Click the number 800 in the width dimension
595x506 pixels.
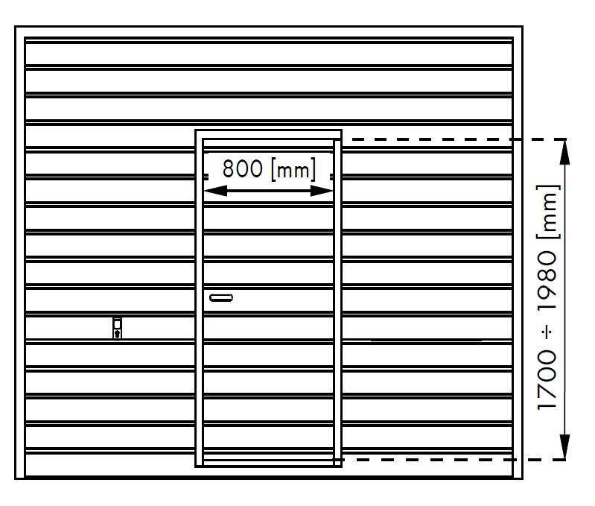tap(242, 169)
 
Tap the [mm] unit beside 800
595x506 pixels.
tap(293, 170)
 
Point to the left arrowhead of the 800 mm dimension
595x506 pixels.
tap(215, 191)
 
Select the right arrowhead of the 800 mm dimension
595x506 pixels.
tap(322, 191)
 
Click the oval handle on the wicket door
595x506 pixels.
tap(221, 298)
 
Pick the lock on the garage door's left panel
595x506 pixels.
tap(118, 329)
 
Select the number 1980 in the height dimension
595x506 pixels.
tap(547, 281)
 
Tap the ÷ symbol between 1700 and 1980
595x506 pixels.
tap(548, 332)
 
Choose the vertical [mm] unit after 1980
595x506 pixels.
tap(548, 212)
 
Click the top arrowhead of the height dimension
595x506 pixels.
tap(565, 152)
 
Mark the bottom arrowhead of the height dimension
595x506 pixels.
tap(565, 447)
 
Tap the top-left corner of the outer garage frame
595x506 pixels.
tap(15, 27)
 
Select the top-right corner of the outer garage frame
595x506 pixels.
tap(523, 27)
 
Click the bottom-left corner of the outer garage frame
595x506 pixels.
tap(15, 478)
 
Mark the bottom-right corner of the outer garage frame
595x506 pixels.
tap(523, 478)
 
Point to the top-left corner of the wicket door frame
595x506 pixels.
tap(195, 130)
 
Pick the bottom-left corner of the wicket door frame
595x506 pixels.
tap(195, 467)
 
